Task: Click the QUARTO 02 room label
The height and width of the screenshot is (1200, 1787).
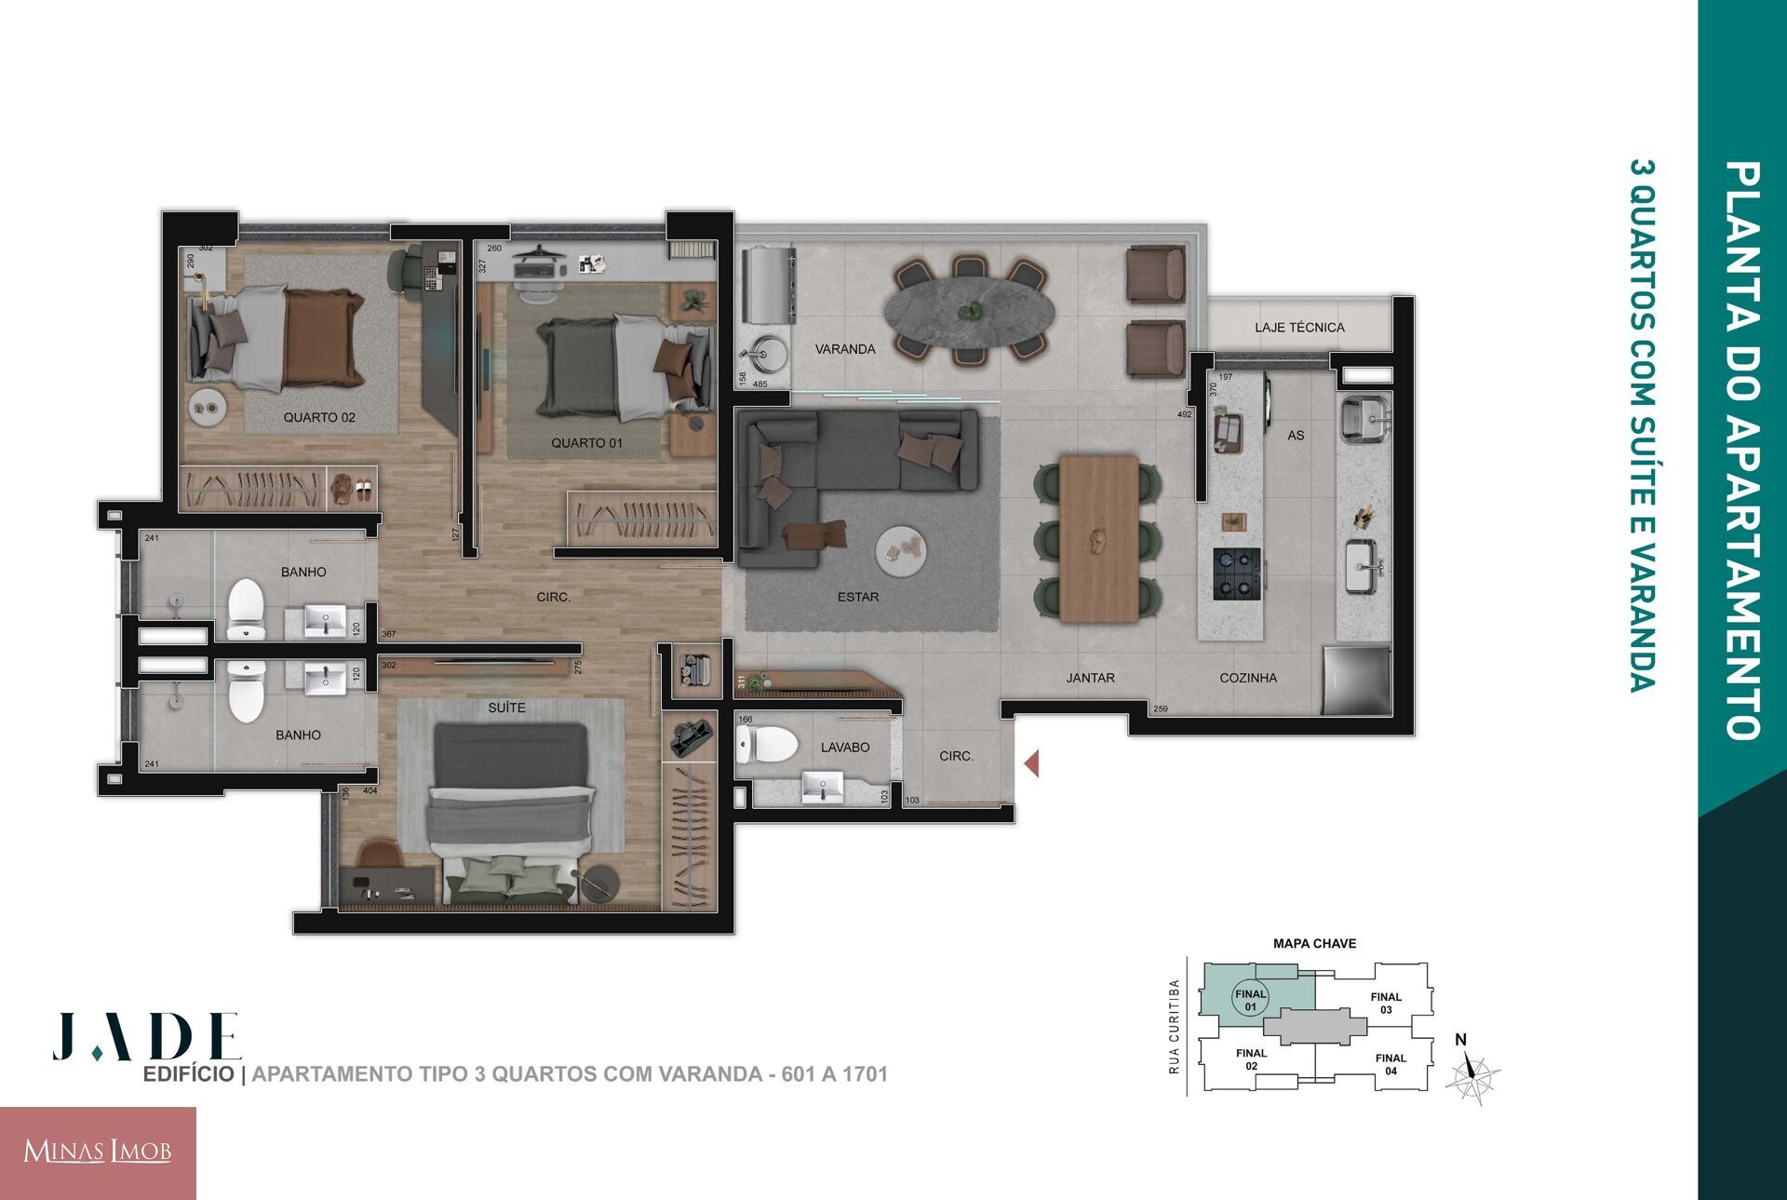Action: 319,418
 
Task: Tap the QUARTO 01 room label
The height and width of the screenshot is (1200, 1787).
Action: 586,443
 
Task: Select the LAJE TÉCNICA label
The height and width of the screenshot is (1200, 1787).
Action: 1299,328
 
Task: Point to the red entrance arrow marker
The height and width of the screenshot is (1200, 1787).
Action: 1031,764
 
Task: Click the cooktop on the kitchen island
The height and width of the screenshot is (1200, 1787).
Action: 1237,573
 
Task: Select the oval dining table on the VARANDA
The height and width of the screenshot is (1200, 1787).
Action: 969,311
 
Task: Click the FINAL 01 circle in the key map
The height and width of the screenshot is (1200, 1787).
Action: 1251,1001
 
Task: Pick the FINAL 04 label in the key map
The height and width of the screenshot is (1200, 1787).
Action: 1391,1064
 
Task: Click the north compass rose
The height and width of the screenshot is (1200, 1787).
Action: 1471,1076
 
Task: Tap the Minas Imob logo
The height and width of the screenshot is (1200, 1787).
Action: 98,1153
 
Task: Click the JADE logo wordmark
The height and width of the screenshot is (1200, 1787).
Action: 147,1036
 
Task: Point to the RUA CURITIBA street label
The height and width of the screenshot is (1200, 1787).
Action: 1175,1027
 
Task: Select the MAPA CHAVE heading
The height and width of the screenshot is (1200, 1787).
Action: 1314,944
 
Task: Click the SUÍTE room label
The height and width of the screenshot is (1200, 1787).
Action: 506,708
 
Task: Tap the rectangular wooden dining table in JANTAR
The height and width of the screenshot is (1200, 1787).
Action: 1099,539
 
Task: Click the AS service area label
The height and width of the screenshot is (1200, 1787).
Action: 1296,436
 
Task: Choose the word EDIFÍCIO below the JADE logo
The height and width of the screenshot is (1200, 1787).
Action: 188,1074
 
